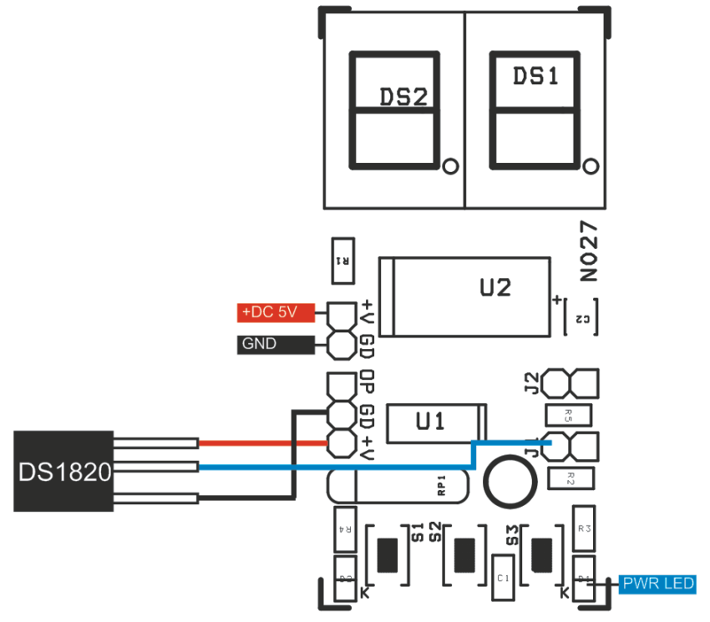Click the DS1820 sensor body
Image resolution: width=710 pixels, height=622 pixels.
click(63, 471)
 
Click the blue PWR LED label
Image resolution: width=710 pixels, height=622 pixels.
click(657, 584)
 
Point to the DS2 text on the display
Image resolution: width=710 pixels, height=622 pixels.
click(404, 96)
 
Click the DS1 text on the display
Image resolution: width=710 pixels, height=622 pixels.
click(535, 77)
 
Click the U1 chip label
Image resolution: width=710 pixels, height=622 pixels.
click(430, 422)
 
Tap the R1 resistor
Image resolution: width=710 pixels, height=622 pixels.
click(342, 260)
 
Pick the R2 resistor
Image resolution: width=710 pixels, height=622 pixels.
click(570, 478)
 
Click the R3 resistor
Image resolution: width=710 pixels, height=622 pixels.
click(585, 528)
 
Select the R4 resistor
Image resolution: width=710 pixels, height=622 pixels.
click(343, 528)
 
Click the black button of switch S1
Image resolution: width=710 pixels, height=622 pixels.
click(388, 554)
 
